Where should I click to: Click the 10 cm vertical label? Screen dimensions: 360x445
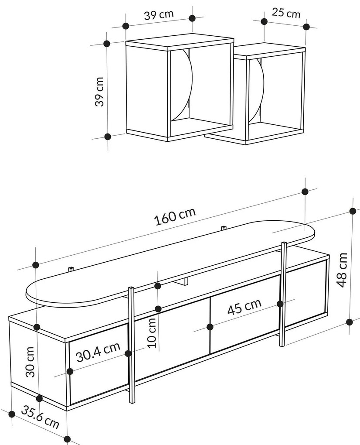[152, 332]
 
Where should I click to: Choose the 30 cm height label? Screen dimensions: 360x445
[30, 362]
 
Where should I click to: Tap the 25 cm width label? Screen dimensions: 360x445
[286, 13]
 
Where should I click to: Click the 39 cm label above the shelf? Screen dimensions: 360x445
[159, 14]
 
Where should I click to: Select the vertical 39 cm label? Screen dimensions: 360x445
[99, 91]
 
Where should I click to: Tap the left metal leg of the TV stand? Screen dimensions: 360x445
[132, 345]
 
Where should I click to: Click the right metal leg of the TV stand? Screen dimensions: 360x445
[282, 294]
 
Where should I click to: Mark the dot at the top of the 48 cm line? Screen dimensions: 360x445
[353, 211]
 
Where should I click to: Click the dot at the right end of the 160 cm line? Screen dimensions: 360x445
[305, 192]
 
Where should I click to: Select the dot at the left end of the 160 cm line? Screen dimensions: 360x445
[36, 265]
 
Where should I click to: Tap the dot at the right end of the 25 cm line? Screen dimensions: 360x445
[306, 27]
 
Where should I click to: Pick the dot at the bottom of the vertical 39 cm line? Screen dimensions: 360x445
[107, 137]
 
